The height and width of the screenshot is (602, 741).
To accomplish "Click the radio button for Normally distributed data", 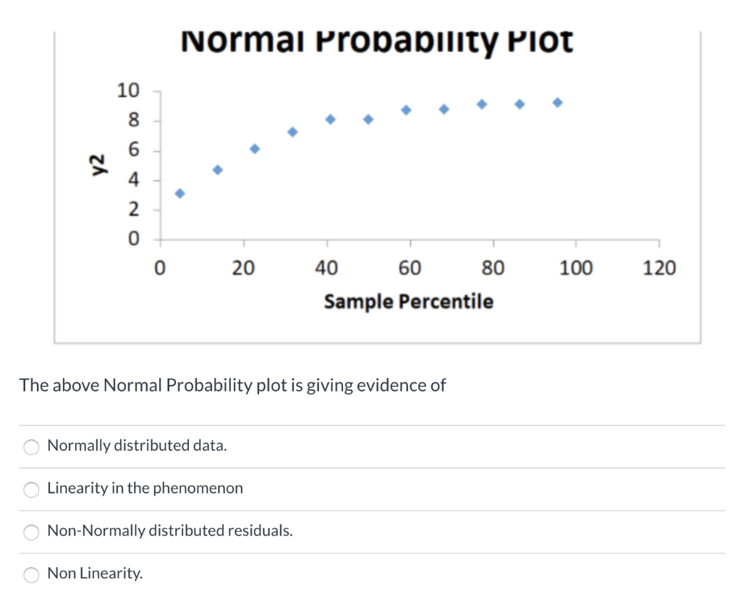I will tap(32, 447).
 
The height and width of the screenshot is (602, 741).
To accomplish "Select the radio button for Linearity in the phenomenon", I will tap(32, 490).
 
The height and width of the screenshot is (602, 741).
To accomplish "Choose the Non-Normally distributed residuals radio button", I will tap(32, 532).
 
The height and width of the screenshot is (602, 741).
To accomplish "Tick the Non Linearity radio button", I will tap(32, 575).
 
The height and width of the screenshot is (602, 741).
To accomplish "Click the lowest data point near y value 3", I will tap(179, 193).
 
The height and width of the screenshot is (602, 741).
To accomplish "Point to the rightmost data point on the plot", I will tap(557, 102).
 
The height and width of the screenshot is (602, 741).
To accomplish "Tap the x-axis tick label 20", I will tap(243, 268).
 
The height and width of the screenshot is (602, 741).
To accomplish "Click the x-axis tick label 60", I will tap(410, 268).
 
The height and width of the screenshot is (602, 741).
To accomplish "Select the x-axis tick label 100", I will tap(576, 268).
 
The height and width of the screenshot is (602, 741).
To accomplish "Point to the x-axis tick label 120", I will tap(659, 268).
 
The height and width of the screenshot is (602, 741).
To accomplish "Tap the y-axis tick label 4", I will tap(134, 180).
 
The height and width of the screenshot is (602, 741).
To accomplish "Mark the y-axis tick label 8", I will tap(134, 120).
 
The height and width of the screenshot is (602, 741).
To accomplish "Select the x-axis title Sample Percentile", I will tap(409, 301).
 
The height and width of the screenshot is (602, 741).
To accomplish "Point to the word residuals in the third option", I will tap(260, 530).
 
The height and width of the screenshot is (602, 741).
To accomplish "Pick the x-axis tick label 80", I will tap(494, 268).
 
